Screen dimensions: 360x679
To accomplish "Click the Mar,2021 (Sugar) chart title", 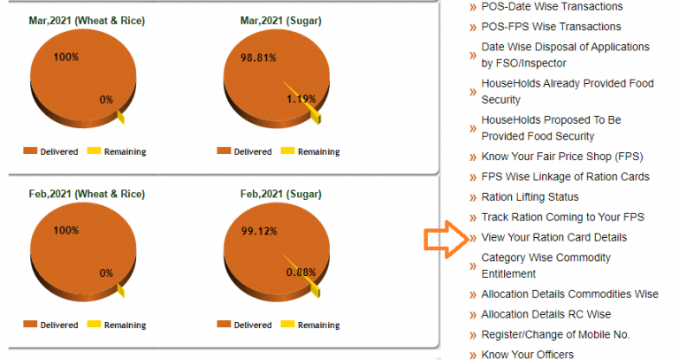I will [280, 19].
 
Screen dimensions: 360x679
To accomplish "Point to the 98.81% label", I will [259, 57].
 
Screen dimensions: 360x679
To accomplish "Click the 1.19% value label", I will [301, 99].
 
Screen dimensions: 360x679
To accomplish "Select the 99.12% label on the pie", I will [259, 231].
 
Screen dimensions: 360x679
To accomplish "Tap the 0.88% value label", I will [301, 272].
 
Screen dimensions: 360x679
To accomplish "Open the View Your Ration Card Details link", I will [553, 238].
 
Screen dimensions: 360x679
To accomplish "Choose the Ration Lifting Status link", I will [530, 197].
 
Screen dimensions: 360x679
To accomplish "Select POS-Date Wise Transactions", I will [552, 6].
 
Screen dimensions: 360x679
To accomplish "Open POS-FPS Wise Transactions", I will [551, 27].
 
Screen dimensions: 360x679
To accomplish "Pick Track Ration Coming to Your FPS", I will [562, 218].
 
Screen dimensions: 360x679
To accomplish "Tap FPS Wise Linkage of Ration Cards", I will [565, 177].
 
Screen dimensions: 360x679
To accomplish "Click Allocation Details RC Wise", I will [545, 315].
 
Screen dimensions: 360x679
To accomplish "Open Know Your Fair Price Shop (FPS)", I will [562, 157].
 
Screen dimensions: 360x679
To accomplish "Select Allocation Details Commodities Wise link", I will [569, 295].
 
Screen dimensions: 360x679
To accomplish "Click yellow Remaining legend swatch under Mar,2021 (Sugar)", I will [287, 151].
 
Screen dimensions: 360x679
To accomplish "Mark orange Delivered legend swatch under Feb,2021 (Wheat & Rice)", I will [30, 325].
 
